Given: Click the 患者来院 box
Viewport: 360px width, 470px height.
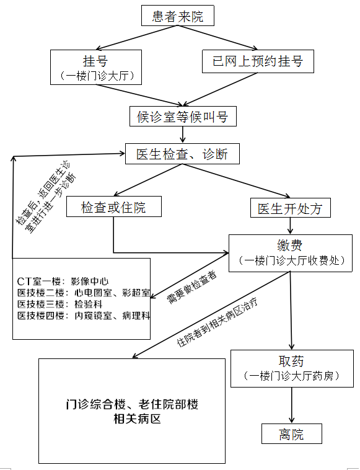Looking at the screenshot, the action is tap(178, 16).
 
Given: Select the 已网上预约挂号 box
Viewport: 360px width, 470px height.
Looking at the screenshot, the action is tap(258, 61).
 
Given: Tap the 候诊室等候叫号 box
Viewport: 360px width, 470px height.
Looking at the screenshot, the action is tap(183, 116).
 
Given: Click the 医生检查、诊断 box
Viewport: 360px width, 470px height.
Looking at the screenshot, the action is tap(182, 154).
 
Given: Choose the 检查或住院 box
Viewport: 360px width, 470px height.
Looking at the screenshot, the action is tap(114, 206).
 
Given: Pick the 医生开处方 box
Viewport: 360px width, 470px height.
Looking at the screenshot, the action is tap(291, 208).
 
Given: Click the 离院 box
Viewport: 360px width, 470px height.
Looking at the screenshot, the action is tap(292, 434).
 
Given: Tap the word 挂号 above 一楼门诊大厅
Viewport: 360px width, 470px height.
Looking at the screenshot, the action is tap(95, 61).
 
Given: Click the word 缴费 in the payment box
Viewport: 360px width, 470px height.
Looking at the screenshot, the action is tap(290, 246).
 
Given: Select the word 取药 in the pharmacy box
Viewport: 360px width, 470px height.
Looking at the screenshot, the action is tap(291, 361).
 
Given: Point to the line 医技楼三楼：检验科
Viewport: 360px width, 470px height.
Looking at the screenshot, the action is tap(60, 304).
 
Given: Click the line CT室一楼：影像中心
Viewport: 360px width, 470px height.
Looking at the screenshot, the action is tap(63, 282).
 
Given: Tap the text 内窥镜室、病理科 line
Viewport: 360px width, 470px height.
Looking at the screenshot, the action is tap(112, 316).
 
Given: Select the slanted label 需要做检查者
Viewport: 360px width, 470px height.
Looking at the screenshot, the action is tap(191, 288).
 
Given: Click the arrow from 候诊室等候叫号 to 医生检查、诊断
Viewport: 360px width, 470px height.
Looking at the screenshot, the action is tap(183, 135).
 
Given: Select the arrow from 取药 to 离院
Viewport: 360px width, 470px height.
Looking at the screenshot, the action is tap(292, 405).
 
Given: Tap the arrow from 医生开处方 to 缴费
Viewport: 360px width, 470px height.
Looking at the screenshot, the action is tap(290, 226).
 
